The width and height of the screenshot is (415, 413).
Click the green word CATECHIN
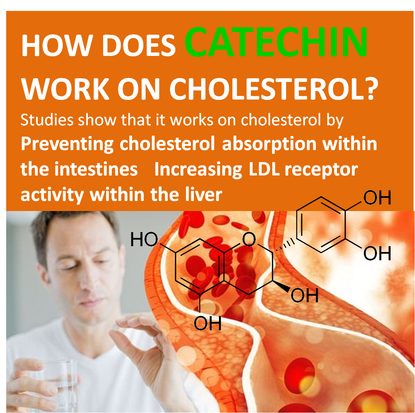276,42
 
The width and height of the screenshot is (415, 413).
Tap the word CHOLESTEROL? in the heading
274,89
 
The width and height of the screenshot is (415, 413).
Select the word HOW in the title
57,45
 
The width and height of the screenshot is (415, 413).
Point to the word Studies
47,120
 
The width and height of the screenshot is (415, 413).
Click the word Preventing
67,145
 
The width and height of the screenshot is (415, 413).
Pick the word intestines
96,169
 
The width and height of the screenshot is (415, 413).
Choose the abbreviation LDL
264,169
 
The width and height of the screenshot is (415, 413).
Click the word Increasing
198,170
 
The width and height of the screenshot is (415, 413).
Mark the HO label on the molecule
144,240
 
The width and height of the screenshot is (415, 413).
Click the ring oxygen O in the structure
249,239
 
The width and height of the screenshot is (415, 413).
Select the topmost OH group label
377,198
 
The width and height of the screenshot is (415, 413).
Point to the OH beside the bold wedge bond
304,295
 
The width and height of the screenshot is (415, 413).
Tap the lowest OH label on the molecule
208,323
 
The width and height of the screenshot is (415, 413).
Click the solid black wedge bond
281,286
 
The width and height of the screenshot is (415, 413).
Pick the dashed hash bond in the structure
285,244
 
